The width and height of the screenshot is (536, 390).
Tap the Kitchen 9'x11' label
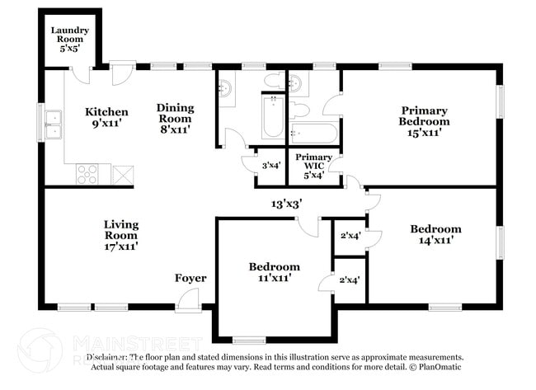(107, 118)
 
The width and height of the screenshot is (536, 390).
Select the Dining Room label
(176, 119)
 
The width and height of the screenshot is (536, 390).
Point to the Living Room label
(120, 234)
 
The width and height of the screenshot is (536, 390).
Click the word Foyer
(190, 278)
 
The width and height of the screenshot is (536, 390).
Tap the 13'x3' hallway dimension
(287, 203)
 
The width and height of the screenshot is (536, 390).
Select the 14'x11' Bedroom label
(435, 234)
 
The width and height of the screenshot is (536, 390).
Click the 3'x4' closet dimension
(271, 165)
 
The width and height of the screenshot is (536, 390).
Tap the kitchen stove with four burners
(88, 174)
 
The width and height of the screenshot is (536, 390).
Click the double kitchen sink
(54, 125)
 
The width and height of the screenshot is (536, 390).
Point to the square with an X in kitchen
(123, 175)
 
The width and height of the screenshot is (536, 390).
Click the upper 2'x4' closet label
(350, 235)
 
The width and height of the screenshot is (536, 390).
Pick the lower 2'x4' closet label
(350, 280)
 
